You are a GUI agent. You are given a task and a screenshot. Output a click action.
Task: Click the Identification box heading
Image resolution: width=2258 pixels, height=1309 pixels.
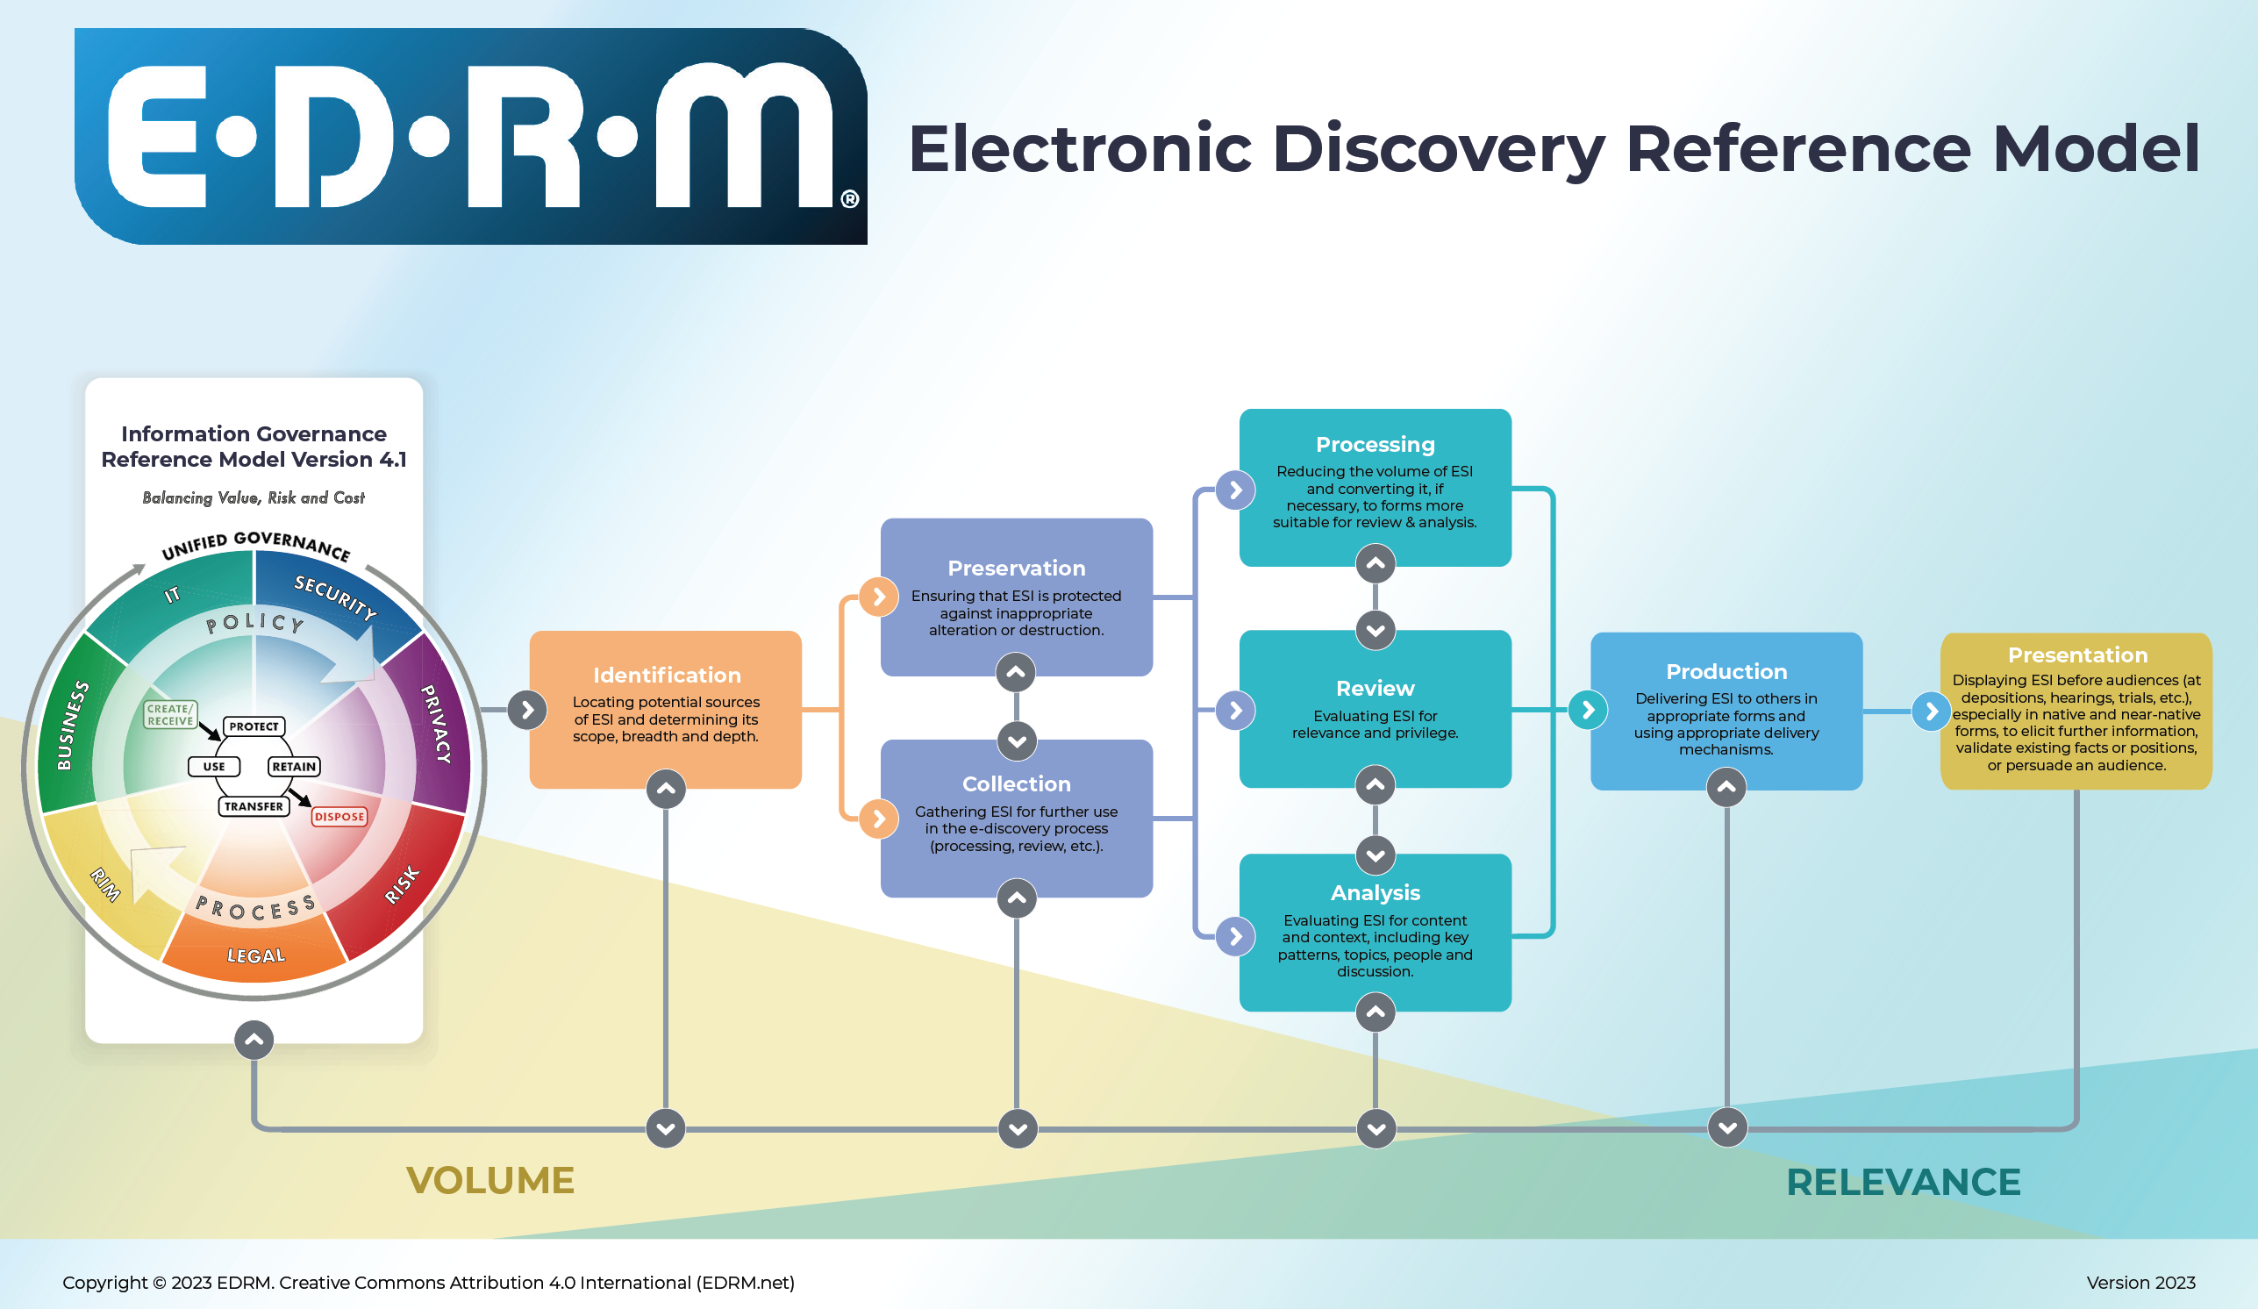(667, 675)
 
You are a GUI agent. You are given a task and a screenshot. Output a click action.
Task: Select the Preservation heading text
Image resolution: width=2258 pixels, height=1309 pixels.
(1016, 568)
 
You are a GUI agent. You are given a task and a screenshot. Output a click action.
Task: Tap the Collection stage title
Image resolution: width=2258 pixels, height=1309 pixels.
(1016, 784)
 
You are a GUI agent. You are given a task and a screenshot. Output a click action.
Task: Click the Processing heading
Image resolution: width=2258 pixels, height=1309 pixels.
(1375, 445)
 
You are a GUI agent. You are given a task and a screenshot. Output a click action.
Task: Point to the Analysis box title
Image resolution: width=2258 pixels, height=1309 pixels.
(1375, 892)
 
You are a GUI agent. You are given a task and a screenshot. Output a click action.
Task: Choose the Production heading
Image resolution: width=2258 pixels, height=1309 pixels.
(1726, 671)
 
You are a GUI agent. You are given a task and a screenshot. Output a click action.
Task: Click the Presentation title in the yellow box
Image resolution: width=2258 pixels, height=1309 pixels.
(2077, 655)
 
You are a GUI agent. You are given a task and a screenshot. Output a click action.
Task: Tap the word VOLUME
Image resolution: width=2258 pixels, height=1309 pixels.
(490, 1180)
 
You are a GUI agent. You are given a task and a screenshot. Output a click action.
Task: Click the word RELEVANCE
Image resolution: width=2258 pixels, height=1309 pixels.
(1904, 1182)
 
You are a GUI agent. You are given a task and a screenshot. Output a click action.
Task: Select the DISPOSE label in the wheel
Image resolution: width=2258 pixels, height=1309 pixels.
(339, 816)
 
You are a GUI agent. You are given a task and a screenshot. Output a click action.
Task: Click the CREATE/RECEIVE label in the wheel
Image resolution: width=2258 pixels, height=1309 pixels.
(170, 714)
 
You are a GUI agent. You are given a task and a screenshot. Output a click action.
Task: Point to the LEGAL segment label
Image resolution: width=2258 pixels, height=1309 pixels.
(255, 956)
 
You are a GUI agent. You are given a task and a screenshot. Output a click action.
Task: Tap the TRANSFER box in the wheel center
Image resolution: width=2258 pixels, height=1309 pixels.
(254, 806)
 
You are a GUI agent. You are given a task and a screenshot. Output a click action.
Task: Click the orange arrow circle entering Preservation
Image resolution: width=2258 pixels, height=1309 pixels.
(878, 597)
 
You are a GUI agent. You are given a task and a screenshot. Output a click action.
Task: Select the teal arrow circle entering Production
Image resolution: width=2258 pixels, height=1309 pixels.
(1588, 711)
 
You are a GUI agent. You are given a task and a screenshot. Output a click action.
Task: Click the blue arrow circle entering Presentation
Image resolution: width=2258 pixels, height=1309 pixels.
(1931, 712)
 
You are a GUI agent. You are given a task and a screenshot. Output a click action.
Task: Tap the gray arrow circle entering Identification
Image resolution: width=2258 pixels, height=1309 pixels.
(527, 711)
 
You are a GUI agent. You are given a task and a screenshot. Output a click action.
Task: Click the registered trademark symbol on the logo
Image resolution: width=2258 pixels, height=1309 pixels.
(849, 199)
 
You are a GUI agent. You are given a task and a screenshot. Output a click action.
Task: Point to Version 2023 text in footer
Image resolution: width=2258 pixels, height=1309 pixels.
(2140, 1282)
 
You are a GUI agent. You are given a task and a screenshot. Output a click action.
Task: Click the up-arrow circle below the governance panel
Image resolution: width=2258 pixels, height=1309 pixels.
(254, 1041)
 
